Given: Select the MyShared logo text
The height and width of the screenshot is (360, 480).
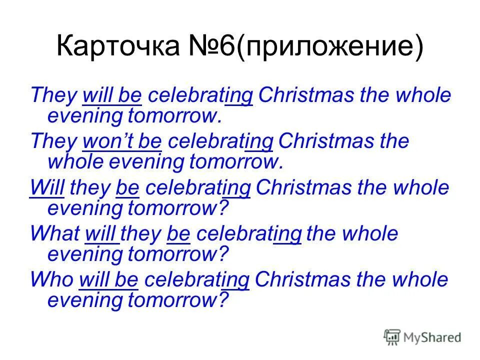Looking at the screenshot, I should click(x=432, y=338).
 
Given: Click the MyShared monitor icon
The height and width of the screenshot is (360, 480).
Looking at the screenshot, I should click(x=392, y=337).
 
